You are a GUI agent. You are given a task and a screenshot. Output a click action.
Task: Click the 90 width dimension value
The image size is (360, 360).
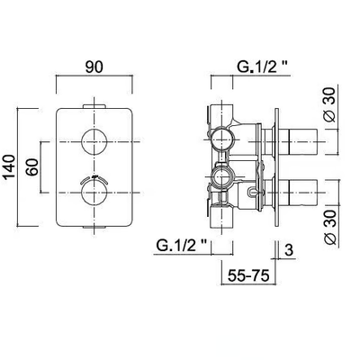(x=94, y=67)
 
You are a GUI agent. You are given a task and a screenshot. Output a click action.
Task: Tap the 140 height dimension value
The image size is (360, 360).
(x=9, y=167)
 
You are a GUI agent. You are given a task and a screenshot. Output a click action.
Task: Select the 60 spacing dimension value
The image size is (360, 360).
(x=32, y=166)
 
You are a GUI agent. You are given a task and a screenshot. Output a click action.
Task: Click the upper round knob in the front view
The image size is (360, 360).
(x=94, y=141)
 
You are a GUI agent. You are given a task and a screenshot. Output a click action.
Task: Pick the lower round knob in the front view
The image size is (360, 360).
(x=94, y=193)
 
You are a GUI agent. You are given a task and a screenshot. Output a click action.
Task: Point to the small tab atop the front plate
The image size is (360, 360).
(x=94, y=106)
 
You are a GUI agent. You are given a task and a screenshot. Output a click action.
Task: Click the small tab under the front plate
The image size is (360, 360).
(x=94, y=228)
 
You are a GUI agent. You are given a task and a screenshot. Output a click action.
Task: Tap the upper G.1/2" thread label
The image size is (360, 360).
(x=264, y=67)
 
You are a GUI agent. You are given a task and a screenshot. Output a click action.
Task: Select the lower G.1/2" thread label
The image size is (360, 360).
(x=183, y=247)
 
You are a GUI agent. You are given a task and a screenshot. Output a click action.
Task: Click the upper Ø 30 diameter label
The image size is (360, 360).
(x=330, y=104)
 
